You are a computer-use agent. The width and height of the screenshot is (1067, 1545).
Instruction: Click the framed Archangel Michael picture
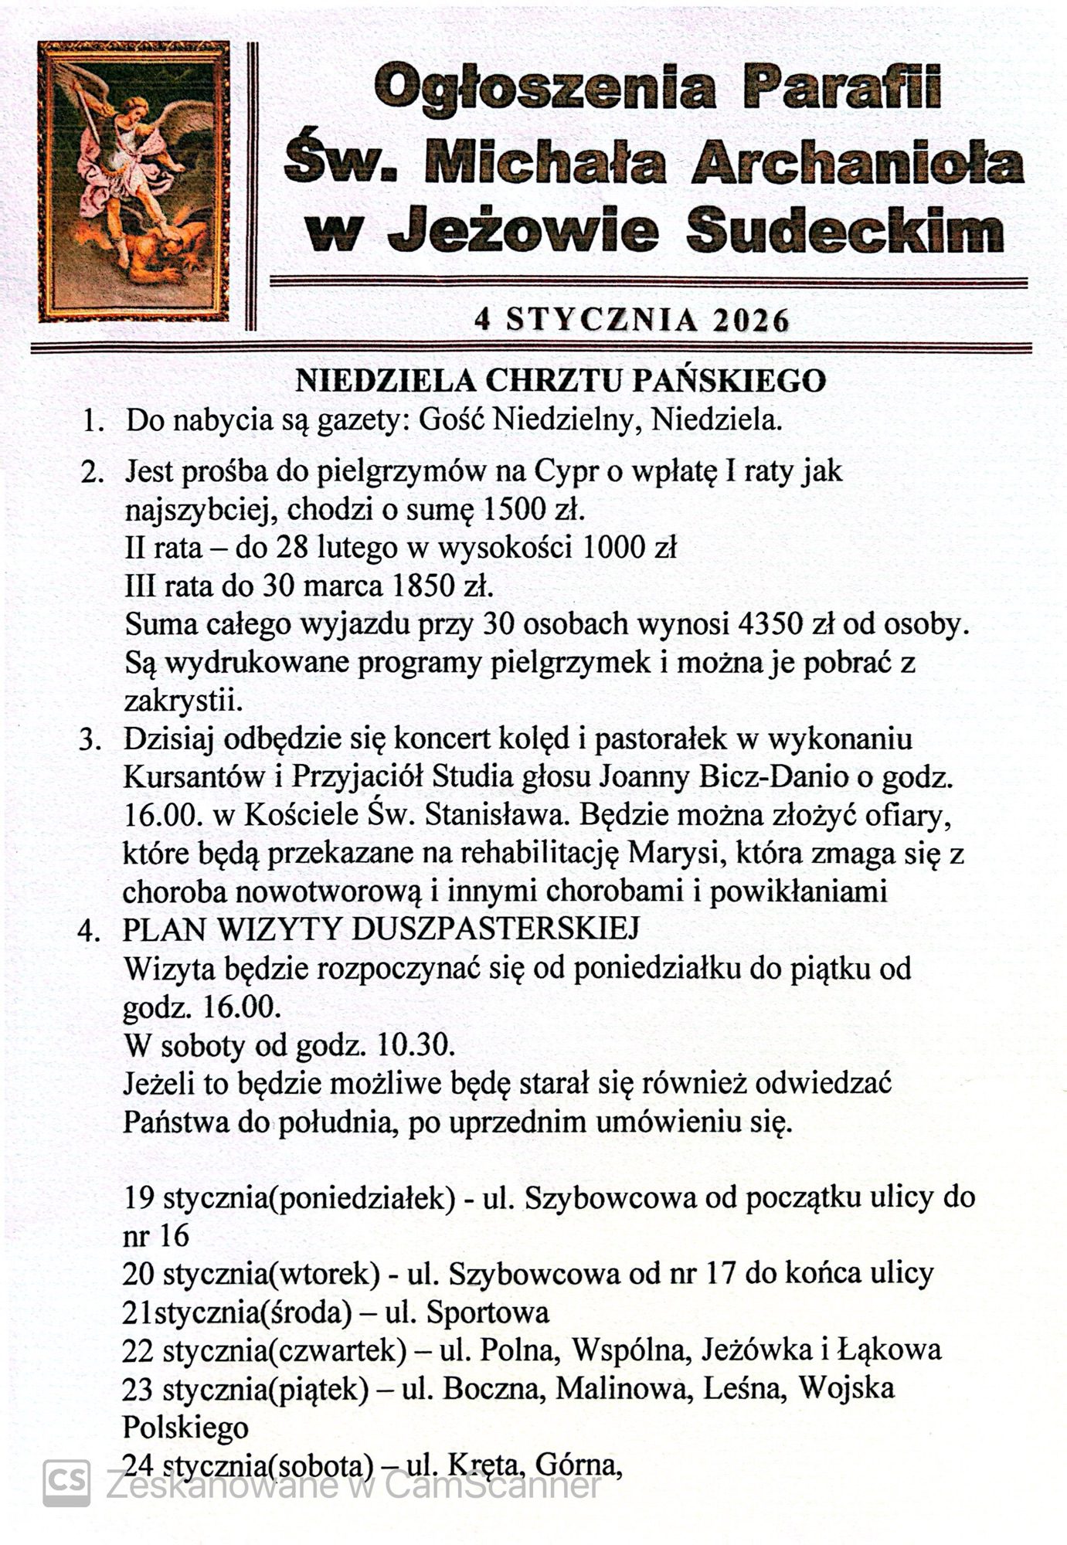(134, 182)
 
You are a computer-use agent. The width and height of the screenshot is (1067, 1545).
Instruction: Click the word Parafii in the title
(841, 90)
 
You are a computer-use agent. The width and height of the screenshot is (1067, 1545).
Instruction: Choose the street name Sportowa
(488, 1312)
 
